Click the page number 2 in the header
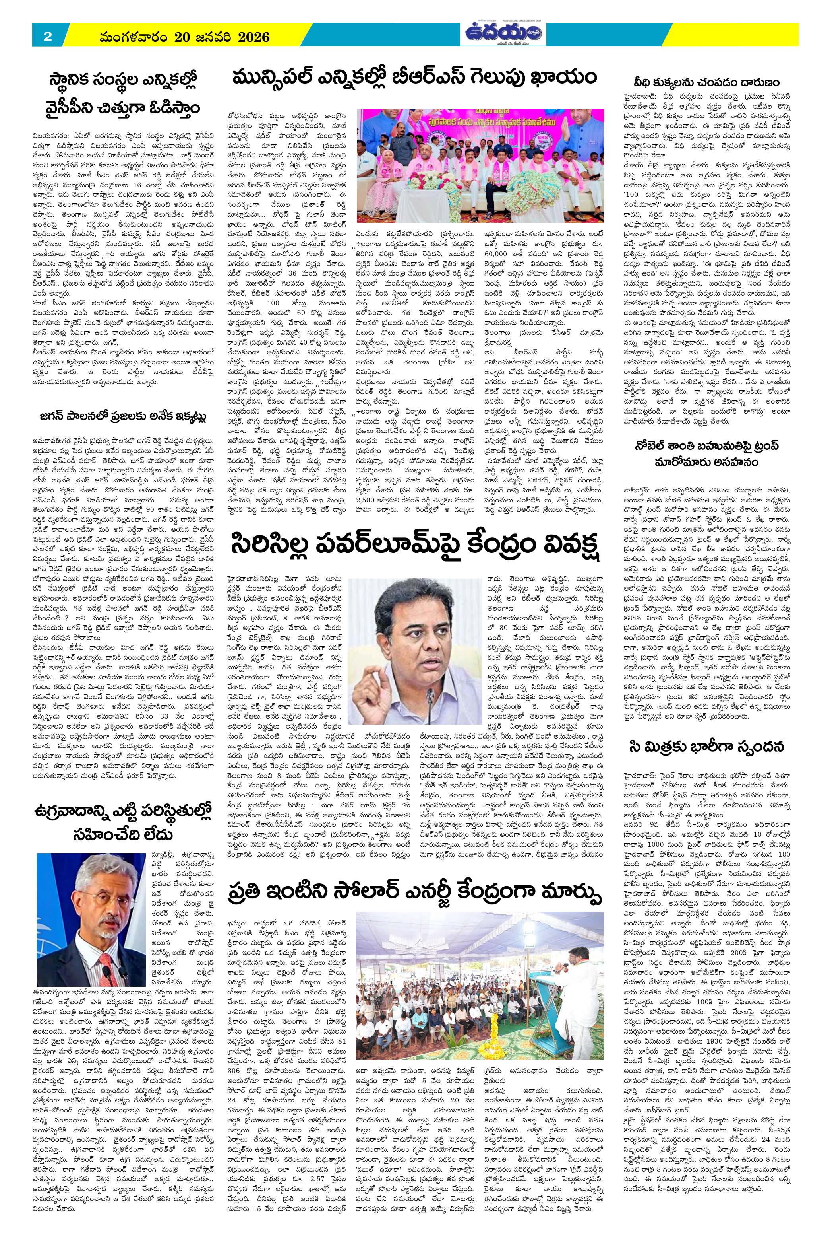click(x=47, y=37)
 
